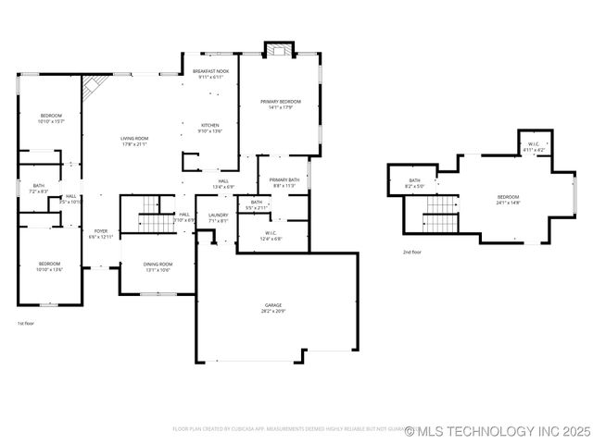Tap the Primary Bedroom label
pos(279,104)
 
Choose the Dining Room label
pos(157,267)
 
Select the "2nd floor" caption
pos(412,252)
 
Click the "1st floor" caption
pos(26,324)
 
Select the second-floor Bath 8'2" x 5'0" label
pos(414,183)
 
